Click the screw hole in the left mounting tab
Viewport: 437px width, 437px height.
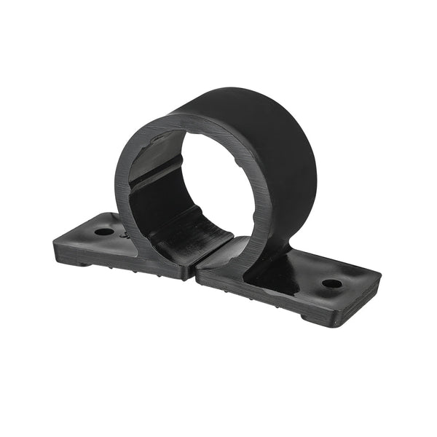(x=104, y=232)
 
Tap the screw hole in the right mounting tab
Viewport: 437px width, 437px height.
(x=331, y=283)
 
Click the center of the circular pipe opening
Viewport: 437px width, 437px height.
(x=208, y=182)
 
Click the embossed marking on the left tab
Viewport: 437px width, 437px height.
(x=125, y=237)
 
